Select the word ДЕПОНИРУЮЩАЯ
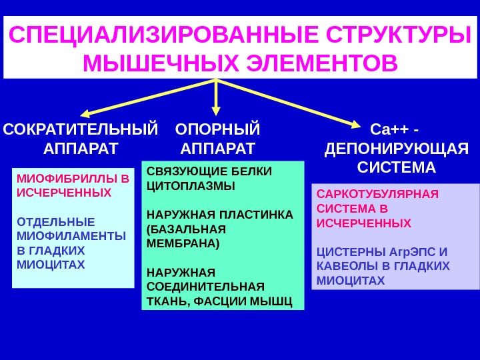pos(397,147)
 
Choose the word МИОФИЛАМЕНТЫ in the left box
pos(71,235)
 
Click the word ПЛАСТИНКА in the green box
pos(254,215)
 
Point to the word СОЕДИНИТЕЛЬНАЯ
pos(205,287)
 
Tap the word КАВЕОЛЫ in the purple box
pos(345,266)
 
